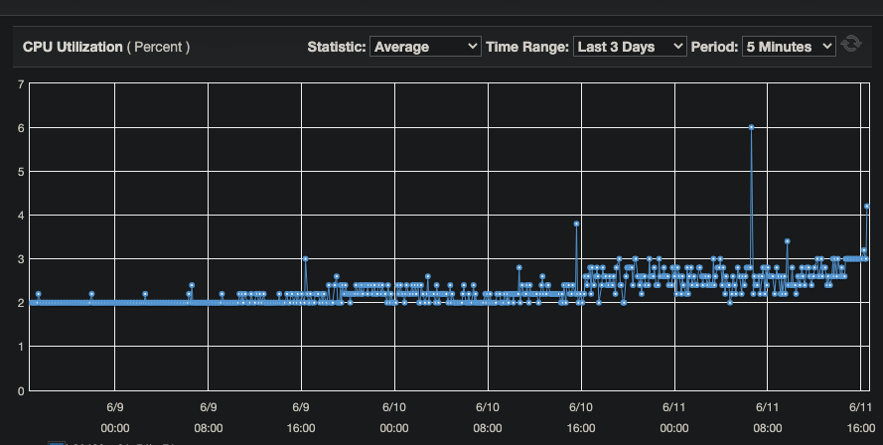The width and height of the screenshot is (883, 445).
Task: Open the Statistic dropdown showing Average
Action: tap(424, 47)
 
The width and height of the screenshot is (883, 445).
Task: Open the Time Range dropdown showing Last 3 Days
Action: tap(630, 47)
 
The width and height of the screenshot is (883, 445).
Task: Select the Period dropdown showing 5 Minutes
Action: tap(789, 47)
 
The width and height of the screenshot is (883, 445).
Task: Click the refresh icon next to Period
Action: tap(850, 46)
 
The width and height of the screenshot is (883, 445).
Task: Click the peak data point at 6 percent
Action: tap(752, 127)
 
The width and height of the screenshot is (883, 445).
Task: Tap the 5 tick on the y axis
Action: tap(21, 171)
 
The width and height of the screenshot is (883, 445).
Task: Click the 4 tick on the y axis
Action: tap(21, 215)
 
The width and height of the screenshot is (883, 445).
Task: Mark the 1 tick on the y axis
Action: tap(21, 347)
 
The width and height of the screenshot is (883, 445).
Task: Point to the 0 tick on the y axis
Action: tap(21, 390)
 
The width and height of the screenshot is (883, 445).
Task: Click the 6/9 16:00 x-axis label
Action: tap(301, 417)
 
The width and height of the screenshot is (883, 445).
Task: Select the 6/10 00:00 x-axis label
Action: tap(393, 417)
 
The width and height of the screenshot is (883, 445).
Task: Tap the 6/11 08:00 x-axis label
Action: tap(767, 417)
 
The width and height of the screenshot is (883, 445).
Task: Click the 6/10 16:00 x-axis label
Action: tap(581, 417)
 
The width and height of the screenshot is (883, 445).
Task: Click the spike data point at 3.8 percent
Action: tap(576, 223)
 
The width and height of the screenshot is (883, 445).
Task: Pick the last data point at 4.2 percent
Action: tap(867, 207)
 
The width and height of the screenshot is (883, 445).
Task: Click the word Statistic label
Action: tap(336, 47)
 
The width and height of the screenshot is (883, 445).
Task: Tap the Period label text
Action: tap(714, 47)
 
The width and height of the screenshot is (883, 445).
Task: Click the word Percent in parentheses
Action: tap(158, 47)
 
